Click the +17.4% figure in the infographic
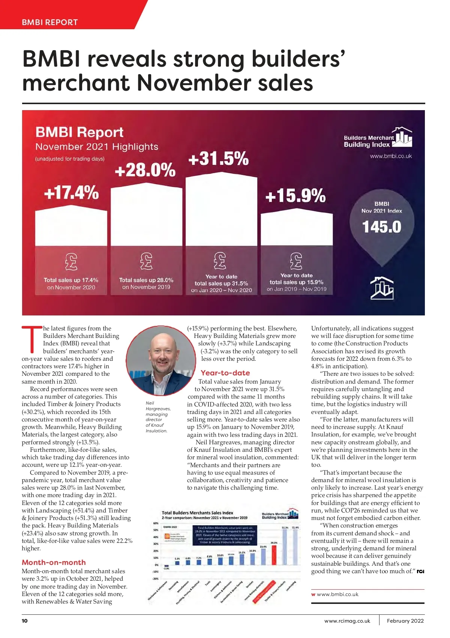71,193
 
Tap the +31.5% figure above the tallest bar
218,158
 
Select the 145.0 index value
381,227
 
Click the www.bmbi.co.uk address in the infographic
391,156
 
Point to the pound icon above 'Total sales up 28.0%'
146,261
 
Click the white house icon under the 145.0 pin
382,288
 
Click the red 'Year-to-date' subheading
225,373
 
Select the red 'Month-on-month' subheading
54,562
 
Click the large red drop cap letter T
32,339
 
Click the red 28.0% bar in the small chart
274,555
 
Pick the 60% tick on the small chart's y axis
156,523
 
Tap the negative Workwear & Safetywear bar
166,566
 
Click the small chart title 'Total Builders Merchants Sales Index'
197,513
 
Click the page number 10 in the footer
25,621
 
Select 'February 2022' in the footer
405,621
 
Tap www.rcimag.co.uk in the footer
347,621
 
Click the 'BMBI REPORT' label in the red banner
50,22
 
